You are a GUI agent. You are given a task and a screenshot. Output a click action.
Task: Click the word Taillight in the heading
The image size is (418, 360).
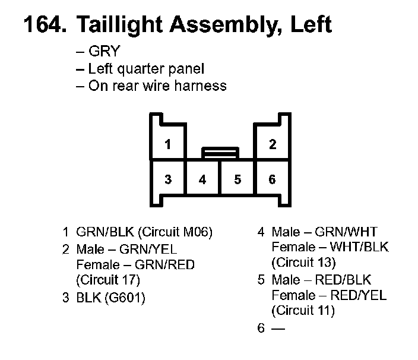coord(118,26)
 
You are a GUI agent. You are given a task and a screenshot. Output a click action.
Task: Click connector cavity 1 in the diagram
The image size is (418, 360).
coord(169,144)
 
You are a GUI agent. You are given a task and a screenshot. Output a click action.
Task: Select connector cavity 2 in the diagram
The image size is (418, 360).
coord(272,144)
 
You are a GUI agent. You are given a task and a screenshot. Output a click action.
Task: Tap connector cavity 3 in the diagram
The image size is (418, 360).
coord(169,179)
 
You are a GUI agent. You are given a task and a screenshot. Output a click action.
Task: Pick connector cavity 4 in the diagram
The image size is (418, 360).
coord(203,179)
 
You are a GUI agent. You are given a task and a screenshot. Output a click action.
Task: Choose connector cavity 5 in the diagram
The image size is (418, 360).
coord(237,179)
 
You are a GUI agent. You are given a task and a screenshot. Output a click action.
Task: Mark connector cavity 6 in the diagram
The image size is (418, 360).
coord(272,179)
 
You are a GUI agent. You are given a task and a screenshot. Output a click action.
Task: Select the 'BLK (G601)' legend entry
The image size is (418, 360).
coord(110,298)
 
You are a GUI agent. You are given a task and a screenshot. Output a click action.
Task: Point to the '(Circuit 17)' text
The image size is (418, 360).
coord(108,279)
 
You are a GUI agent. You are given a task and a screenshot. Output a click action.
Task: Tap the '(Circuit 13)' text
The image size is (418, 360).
coord(303,263)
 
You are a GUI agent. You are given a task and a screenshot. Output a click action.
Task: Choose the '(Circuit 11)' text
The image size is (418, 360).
coord(303,310)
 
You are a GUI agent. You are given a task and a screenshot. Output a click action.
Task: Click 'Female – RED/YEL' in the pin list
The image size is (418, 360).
coord(328,295)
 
